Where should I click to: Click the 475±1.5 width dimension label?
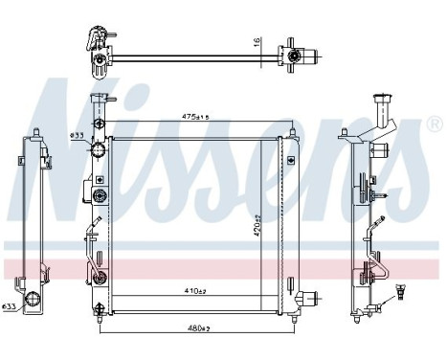coord(194,117)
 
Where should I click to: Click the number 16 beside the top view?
coord(257,42)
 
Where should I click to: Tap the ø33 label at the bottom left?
coord(9,305)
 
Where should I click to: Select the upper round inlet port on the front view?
coord(98,150)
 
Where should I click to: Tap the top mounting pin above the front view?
coord(96,102)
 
